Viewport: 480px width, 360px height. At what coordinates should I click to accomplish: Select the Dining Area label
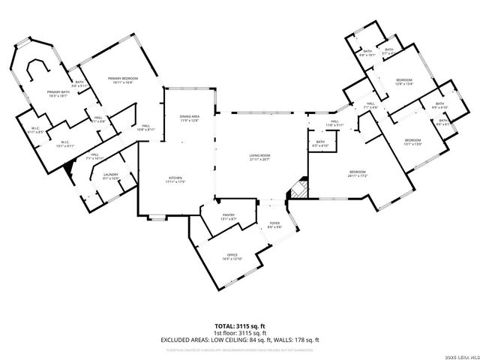190,118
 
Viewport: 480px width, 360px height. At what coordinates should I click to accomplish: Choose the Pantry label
229,217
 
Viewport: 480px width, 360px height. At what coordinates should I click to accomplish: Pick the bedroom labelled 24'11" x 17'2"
358,174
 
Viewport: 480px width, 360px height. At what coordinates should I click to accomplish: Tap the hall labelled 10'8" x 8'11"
145,127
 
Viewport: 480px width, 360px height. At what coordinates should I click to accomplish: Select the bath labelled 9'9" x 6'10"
439,105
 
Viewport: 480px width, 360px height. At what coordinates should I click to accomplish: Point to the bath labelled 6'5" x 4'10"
320,144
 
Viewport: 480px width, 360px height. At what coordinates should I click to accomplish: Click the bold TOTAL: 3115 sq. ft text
239,326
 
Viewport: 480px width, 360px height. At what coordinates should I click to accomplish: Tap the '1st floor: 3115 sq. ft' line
239,333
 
